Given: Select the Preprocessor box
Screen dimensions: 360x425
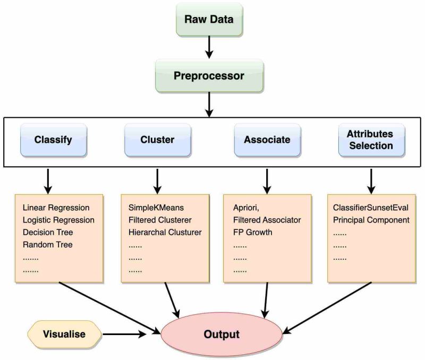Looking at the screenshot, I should [209, 76].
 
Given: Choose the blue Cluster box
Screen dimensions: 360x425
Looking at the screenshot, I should [157, 140].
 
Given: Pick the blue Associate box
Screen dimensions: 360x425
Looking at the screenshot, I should [267, 140].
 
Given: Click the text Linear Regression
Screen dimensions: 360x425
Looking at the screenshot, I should [56, 207].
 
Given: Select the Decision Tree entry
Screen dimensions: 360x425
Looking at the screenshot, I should [48, 232].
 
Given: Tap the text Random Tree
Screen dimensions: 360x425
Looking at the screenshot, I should [47, 245].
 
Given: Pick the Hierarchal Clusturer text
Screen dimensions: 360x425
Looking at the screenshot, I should [165, 232].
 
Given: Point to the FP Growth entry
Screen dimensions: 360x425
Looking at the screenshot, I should [253, 232].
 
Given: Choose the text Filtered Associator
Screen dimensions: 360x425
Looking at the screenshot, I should [267, 220].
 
